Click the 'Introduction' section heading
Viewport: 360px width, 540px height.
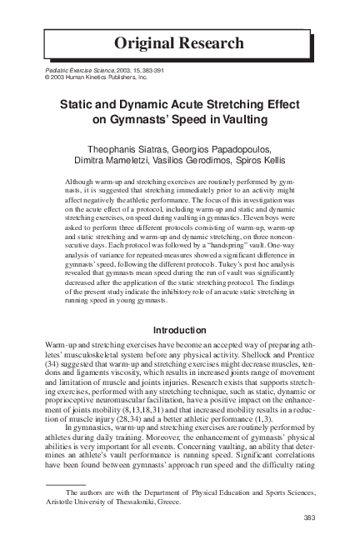pyautogui.click(x=180, y=329)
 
